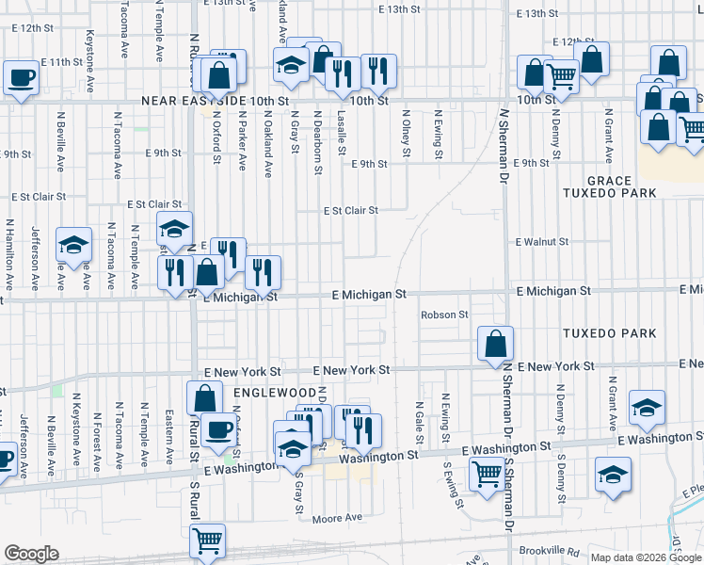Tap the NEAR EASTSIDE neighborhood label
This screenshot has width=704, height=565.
point(195,100)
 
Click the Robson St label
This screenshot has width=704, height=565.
point(444,315)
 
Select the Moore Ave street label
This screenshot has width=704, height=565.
point(337,518)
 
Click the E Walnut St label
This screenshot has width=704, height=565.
point(542,242)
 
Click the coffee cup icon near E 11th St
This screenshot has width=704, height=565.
point(21,77)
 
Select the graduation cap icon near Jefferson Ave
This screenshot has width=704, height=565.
point(72,245)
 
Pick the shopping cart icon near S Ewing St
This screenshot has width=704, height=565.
point(486,474)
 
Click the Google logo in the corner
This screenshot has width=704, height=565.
point(31,554)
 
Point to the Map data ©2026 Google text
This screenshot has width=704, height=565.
point(645,557)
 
